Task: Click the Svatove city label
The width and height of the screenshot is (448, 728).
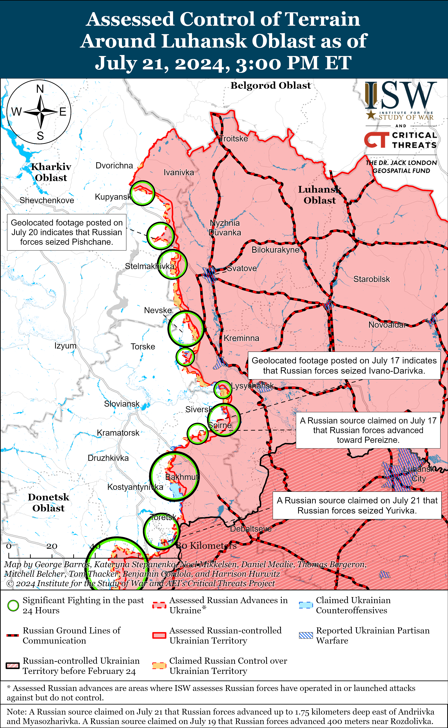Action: [x=242, y=268]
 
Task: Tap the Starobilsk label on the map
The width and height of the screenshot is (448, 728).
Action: [x=372, y=279]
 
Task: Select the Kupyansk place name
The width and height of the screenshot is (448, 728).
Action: [x=113, y=197]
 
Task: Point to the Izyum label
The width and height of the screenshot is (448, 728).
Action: [x=65, y=346]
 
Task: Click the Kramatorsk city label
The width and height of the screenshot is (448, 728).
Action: [x=118, y=433]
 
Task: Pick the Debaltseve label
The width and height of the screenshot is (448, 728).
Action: [x=251, y=529]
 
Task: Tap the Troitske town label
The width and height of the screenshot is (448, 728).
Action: [x=233, y=139]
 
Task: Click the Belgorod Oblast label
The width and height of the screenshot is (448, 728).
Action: [x=271, y=86]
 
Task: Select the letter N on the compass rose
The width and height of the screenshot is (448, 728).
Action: [x=40, y=89]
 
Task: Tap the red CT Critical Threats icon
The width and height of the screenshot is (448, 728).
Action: [x=376, y=140]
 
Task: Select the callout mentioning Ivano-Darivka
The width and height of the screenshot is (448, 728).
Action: [x=344, y=365]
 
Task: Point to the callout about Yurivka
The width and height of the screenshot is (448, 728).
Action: [x=357, y=505]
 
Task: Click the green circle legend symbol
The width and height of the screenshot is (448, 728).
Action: [x=13, y=605]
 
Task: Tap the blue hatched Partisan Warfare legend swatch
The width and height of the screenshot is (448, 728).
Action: [x=306, y=635]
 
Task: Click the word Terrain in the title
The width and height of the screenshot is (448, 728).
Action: [x=322, y=19]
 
